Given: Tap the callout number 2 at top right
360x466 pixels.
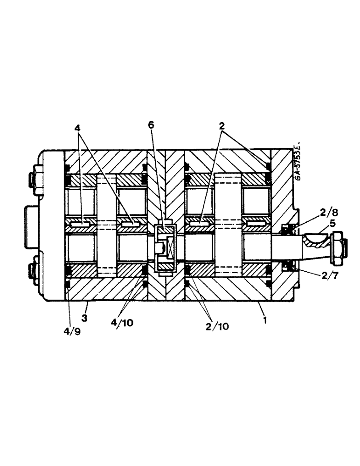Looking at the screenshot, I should click(x=222, y=125).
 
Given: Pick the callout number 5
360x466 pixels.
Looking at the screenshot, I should click(x=332, y=223).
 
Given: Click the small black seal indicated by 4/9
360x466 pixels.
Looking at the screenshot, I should click(x=68, y=285).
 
